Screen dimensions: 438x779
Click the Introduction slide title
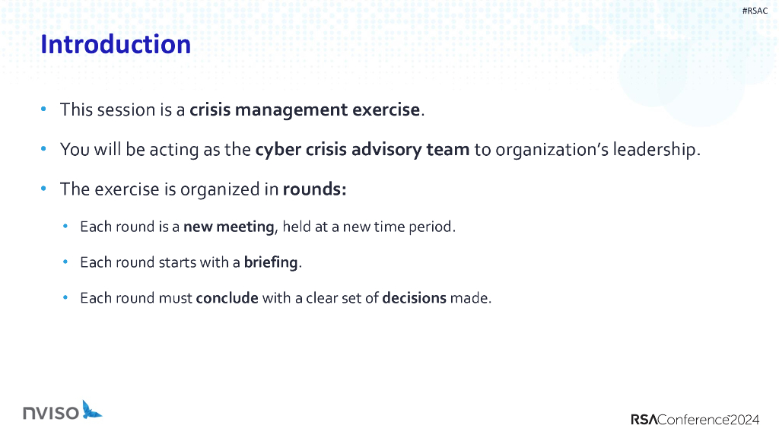[x=116, y=44]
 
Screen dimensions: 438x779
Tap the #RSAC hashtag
[x=755, y=11]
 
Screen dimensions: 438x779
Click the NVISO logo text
[x=51, y=413]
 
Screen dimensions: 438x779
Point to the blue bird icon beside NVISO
[x=92, y=410]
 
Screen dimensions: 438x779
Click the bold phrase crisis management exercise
[x=304, y=109]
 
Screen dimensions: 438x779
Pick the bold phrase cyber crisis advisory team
[x=362, y=149]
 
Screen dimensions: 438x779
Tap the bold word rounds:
[x=314, y=189]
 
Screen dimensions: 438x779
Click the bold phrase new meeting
[x=228, y=227]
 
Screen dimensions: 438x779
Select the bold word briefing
[x=271, y=262]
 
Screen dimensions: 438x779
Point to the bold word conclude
[x=227, y=298]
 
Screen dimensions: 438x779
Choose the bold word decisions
[x=414, y=298]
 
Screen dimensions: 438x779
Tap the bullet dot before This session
[x=43, y=109]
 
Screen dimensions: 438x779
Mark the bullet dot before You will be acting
[x=43, y=149]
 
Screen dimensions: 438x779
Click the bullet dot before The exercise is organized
[x=43, y=189]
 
